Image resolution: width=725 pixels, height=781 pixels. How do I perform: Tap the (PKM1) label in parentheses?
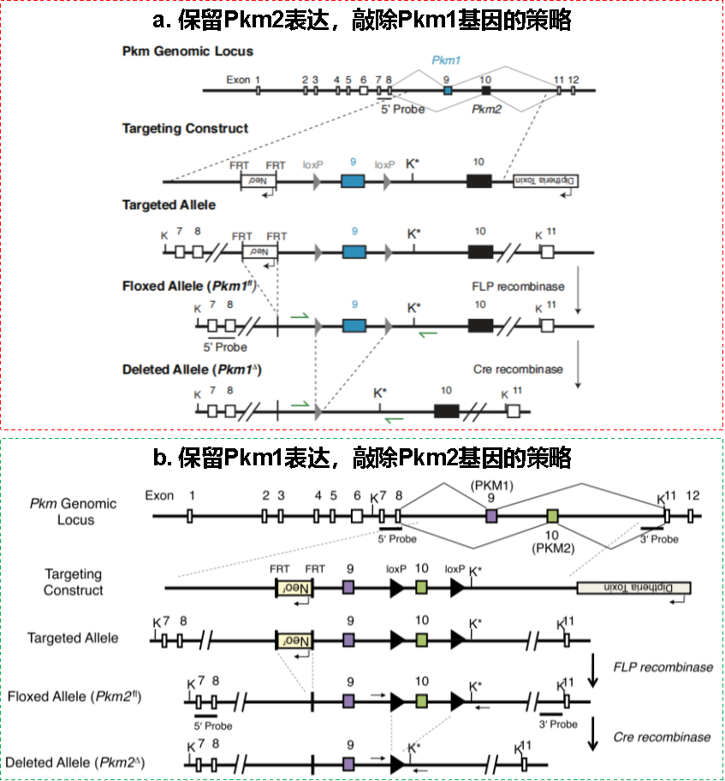490,483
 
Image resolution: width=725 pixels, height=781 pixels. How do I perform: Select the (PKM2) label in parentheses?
553,547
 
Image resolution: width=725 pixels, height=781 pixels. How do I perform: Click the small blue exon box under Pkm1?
448,90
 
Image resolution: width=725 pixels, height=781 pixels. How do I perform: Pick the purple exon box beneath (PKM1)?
490,516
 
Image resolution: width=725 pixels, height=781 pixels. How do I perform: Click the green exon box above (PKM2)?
553,516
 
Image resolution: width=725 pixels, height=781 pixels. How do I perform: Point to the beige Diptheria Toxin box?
633,588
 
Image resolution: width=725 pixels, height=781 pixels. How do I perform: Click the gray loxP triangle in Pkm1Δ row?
318,410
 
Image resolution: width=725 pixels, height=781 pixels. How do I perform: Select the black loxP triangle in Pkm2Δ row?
397,763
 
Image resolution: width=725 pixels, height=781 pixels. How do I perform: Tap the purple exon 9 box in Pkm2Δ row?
348,763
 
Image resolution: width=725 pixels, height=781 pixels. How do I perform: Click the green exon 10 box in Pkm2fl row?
421,701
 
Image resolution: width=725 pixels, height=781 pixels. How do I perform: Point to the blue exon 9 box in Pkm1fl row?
353,325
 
